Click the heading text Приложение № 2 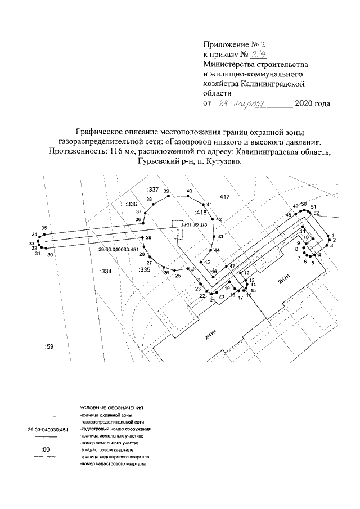tap(233, 43)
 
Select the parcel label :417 tap(225, 197)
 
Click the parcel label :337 tap(152, 190)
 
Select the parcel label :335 tap(145, 270)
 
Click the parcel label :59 tap(48, 348)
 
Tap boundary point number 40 tap(189, 192)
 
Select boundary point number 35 tap(44, 228)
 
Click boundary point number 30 tap(50, 255)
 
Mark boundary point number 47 tap(231, 266)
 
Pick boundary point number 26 tap(166, 273)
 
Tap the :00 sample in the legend tap(46, 450)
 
